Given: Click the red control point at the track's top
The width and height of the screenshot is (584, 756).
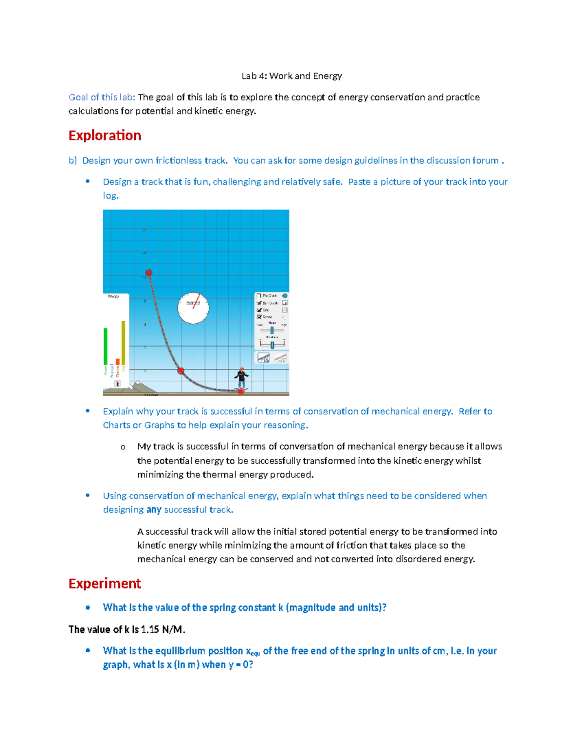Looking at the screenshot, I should (x=149, y=273).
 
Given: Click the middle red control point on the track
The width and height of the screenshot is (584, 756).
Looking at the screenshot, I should (x=181, y=371).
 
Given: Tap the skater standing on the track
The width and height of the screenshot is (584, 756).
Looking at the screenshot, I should (x=241, y=378).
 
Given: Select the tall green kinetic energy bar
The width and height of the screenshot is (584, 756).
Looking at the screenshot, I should (x=106, y=347).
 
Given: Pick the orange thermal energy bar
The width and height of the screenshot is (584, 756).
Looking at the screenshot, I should (x=117, y=362).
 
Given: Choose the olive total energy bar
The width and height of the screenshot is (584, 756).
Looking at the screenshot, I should (x=123, y=343).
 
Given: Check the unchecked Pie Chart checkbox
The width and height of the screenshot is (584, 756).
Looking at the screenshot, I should (x=259, y=295).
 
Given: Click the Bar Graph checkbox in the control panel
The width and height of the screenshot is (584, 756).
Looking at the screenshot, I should (x=259, y=303).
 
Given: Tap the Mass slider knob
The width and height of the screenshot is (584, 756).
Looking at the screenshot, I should (x=272, y=331).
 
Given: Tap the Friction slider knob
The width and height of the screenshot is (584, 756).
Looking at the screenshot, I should (x=272, y=345).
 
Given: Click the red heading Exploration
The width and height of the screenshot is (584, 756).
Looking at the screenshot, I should (x=105, y=135).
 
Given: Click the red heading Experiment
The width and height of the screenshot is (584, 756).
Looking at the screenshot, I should (x=105, y=583).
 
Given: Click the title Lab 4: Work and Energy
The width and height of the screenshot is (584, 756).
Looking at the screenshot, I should (x=292, y=76).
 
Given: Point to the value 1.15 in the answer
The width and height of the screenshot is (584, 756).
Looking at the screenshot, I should (x=150, y=629).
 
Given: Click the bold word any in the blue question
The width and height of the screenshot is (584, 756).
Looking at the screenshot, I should (x=154, y=510).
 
